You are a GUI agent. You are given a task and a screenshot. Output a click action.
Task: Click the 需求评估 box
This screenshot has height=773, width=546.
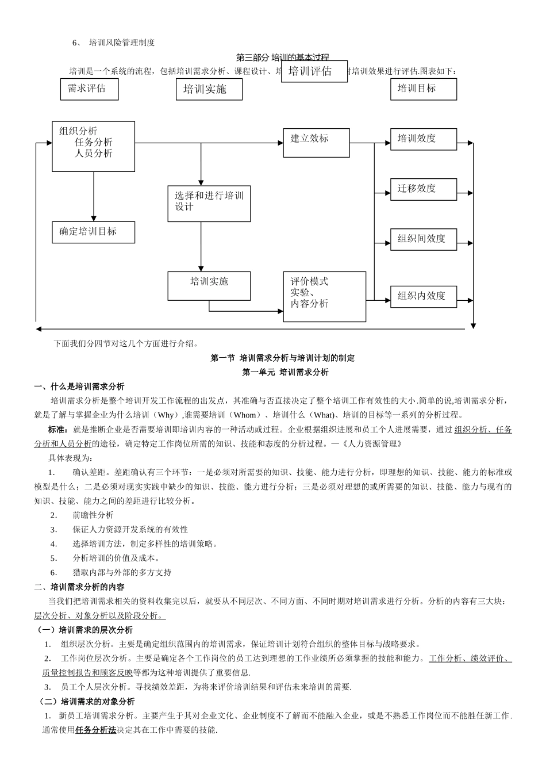[x=89, y=89]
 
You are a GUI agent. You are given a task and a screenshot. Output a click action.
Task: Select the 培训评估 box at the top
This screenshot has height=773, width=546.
[x=314, y=71]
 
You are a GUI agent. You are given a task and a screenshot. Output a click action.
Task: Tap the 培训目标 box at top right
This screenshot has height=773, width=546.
[x=423, y=89]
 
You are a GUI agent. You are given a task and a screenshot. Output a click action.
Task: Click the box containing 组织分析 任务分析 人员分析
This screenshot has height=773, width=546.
[x=94, y=146]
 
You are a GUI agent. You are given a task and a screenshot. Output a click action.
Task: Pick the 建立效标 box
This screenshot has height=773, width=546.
[x=316, y=143]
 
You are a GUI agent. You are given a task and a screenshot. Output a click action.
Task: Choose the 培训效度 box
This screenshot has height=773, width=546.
[x=424, y=139]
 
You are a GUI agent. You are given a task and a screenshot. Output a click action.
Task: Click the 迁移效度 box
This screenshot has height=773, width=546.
[x=424, y=189]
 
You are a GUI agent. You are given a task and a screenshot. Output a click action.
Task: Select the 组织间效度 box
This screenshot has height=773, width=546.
[x=424, y=239]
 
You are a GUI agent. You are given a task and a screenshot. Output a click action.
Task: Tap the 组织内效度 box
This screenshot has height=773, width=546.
[x=424, y=296]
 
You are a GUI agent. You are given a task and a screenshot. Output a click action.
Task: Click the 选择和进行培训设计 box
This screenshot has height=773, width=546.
[x=209, y=204]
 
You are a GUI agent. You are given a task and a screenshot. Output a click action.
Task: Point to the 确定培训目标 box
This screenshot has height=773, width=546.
[x=94, y=232]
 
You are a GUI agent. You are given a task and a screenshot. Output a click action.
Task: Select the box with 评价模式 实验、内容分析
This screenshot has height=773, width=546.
[x=324, y=297]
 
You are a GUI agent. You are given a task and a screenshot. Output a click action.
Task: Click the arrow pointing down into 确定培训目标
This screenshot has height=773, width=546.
[x=94, y=216]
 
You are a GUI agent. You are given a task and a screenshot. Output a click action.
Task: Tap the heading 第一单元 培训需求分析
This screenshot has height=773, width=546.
[x=285, y=373]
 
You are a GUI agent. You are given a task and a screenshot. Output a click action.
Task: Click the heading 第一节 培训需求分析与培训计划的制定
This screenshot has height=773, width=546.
[x=283, y=358]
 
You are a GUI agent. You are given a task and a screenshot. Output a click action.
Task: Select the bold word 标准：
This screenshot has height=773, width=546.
[x=60, y=430]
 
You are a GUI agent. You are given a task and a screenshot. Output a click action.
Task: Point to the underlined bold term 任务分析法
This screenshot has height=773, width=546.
[x=96, y=730]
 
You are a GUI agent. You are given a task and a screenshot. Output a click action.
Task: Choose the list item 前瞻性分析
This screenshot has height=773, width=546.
[x=93, y=515]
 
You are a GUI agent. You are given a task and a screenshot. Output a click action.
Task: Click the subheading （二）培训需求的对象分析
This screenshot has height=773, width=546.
[x=87, y=702]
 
